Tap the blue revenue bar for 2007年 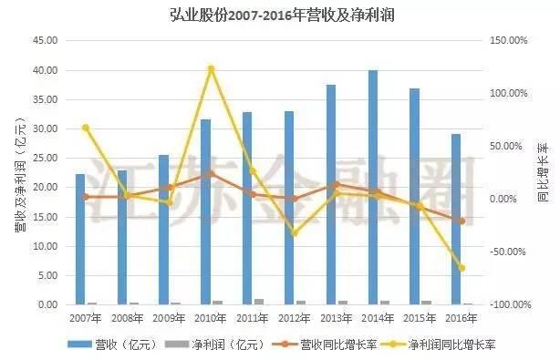tap(80, 239)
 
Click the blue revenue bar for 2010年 tap(205, 211)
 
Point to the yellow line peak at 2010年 tap(211, 68)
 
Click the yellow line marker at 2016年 tap(461, 268)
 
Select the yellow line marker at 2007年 tap(86, 128)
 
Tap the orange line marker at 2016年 tap(461, 221)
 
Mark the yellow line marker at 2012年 tap(295, 233)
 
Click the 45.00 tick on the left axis tap(45, 41)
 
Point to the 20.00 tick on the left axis tap(45, 188)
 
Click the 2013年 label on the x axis tap(337, 318)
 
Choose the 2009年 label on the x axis tap(170, 318)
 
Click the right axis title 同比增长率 tap(544, 172)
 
